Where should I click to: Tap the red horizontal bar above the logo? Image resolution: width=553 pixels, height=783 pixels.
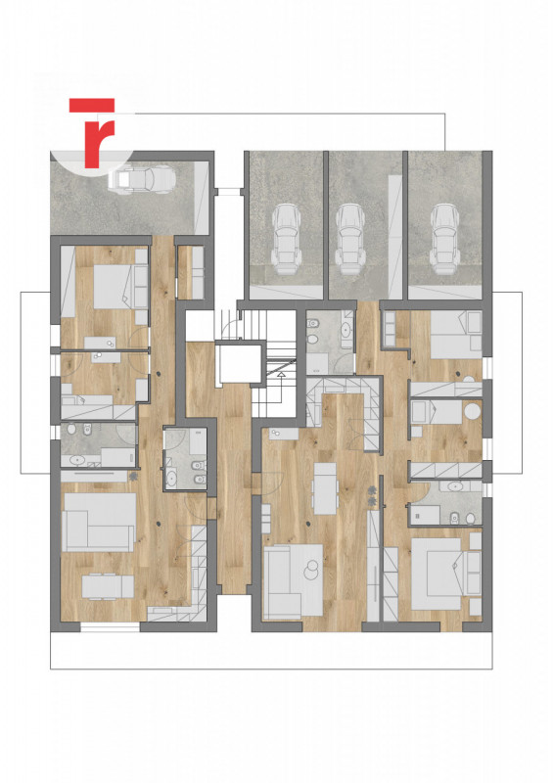tap(92, 105)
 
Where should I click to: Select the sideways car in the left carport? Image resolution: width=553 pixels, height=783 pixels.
tap(142, 180)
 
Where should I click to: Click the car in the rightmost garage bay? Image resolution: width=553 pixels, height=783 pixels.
tap(444, 239)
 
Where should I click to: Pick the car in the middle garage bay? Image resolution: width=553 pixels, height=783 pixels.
tap(350, 239)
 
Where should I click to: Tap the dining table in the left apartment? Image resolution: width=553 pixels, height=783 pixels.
tap(108, 586)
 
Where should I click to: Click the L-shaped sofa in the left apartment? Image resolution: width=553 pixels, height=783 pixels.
tap(98, 523)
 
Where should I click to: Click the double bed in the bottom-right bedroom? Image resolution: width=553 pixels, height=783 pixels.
tap(439, 574)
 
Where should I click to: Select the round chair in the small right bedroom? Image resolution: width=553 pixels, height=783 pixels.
tap(472, 412)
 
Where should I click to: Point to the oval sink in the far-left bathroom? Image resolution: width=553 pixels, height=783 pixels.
tap(78, 460)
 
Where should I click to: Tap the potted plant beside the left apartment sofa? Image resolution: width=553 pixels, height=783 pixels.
tap(133, 477)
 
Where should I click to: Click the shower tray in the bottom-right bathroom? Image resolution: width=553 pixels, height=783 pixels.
tap(425, 515)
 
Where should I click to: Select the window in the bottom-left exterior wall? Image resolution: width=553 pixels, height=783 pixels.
tap(110, 626)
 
